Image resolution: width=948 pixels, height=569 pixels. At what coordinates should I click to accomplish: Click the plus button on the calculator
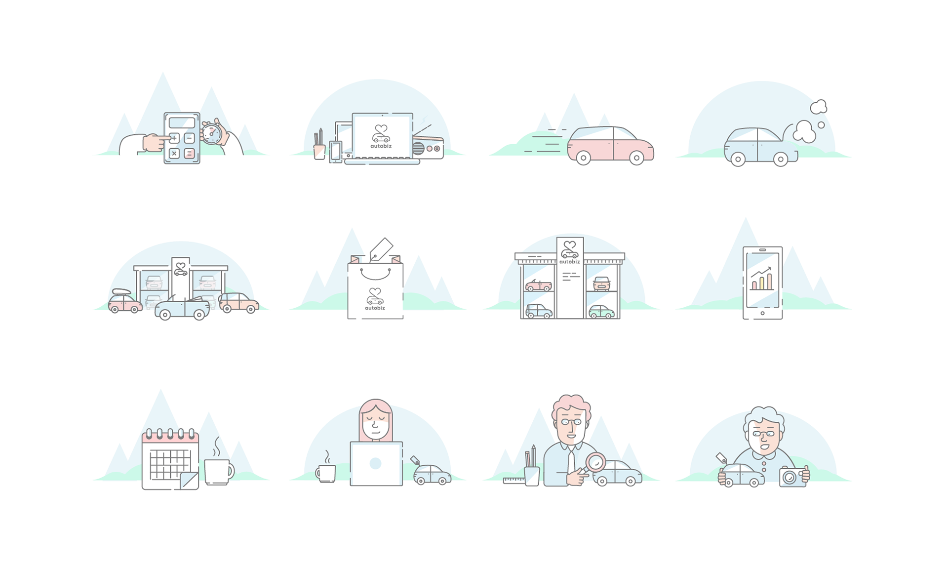point(174,138)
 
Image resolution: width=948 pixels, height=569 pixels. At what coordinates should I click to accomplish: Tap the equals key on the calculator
point(189,154)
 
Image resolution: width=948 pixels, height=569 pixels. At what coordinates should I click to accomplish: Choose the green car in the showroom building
point(601,311)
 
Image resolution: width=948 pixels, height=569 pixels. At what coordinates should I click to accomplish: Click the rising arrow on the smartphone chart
point(762,272)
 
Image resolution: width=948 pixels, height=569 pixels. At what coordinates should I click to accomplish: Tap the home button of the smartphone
point(762,313)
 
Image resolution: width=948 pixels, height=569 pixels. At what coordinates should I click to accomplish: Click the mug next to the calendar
point(218,471)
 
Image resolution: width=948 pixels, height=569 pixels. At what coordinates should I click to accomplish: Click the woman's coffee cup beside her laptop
point(326,473)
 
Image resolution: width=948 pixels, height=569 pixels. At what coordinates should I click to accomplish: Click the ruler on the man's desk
point(513,480)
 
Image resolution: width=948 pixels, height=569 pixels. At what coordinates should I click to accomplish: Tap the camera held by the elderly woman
point(792,477)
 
